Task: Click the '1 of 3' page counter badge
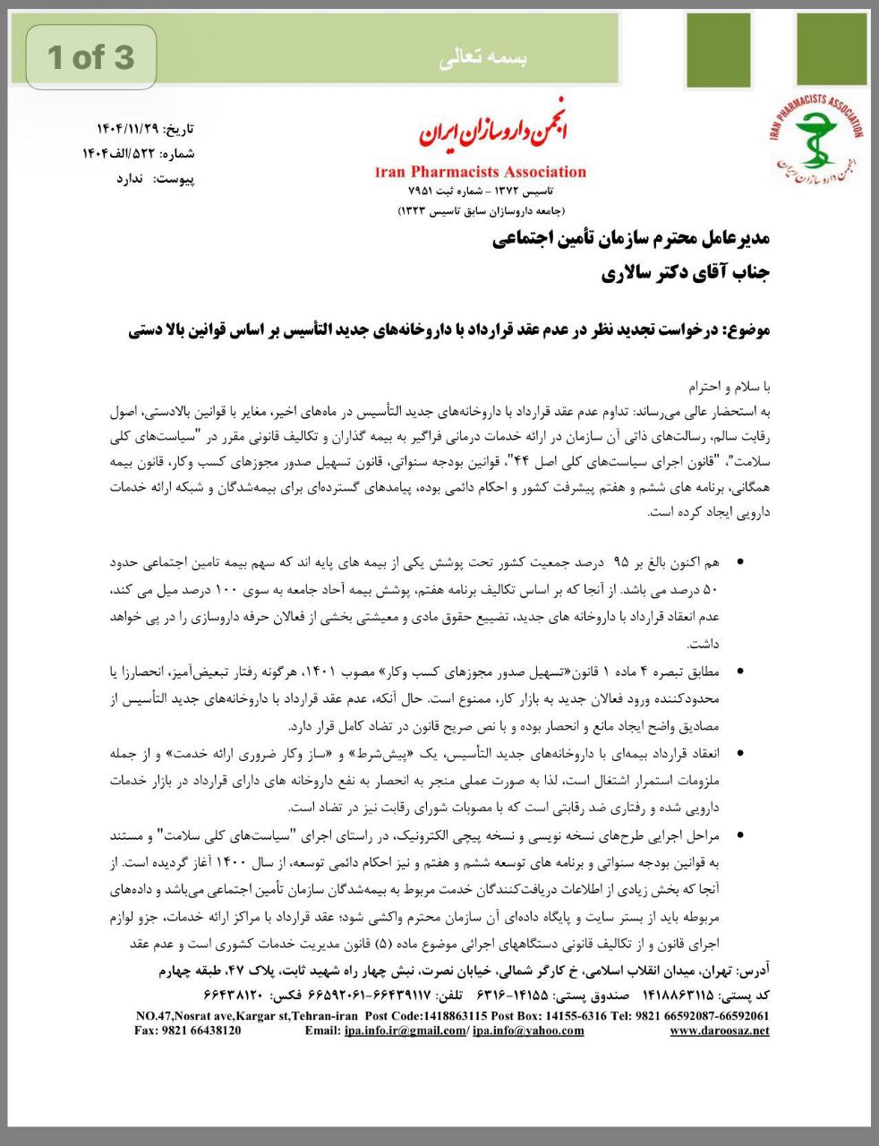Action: coord(91,57)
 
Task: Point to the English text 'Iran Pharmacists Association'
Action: coord(481,172)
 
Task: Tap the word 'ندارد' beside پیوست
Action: coord(130,178)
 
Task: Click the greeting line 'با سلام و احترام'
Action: coord(729,388)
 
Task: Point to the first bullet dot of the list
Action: coord(739,563)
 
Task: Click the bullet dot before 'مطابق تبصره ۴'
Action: coord(739,671)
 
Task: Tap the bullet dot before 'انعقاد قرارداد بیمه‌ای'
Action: coord(739,754)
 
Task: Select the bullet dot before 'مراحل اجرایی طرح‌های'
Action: coord(739,835)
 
